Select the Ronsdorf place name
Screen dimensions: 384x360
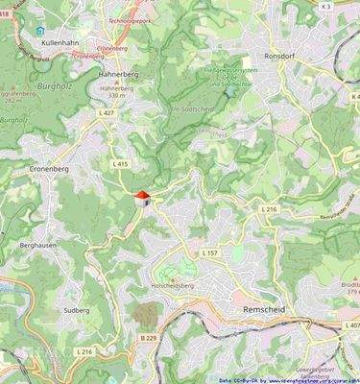tap(287, 56)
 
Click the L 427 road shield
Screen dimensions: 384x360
tap(107, 112)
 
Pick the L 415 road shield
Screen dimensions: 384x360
tap(120, 164)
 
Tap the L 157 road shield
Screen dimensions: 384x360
tap(210, 252)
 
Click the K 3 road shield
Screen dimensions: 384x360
tap(325, 7)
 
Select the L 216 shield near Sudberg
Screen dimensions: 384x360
tap(85, 352)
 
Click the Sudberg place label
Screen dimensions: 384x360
tap(76, 311)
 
